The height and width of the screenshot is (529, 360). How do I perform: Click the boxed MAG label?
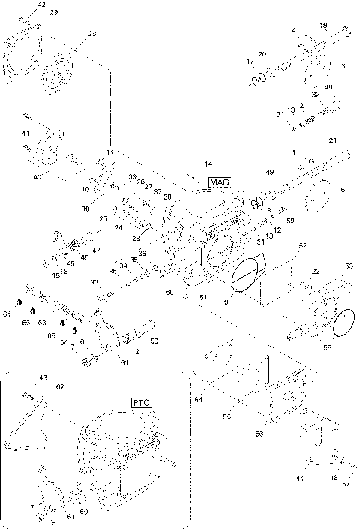(x=218, y=182)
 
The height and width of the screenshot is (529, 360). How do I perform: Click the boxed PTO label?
(x=141, y=403)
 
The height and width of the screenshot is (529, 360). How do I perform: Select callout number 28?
(x=92, y=34)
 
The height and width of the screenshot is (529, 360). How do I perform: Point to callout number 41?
(x=25, y=133)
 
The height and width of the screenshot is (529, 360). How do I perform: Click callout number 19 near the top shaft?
(x=323, y=26)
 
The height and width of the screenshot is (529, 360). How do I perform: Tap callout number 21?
(x=333, y=141)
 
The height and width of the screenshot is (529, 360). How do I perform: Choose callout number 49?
(x=270, y=173)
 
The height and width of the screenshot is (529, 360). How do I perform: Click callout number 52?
(x=303, y=245)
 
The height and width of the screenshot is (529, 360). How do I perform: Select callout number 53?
(x=349, y=266)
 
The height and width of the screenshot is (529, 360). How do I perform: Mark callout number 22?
(x=316, y=271)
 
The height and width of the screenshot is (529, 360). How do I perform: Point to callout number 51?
(x=202, y=298)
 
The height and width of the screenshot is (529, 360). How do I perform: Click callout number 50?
(x=154, y=341)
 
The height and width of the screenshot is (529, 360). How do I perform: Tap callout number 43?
(x=43, y=377)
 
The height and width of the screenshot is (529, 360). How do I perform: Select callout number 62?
(x=60, y=386)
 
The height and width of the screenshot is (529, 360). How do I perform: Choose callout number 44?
(x=300, y=477)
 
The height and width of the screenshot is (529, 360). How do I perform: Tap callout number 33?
(x=94, y=282)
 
